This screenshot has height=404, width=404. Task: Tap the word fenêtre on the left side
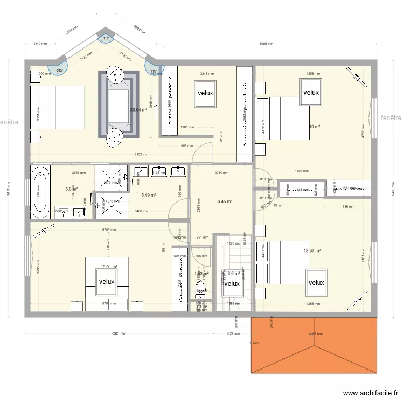[x=10, y=122]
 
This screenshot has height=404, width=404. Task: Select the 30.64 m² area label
[x=139, y=110]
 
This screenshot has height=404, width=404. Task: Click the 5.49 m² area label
[x=149, y=195]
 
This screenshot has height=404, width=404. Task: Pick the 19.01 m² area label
[x=108, y=266]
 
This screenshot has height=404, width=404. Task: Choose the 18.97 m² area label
[x=312, y=250]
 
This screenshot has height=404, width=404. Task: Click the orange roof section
[x=314, y=345]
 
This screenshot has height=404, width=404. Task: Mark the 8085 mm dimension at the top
[x=266, y=44]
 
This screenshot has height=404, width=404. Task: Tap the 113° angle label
[x=106, y=38]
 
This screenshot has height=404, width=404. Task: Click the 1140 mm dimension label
[x=40, y=44]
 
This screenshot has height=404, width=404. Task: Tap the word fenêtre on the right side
[x=391, y=117]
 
